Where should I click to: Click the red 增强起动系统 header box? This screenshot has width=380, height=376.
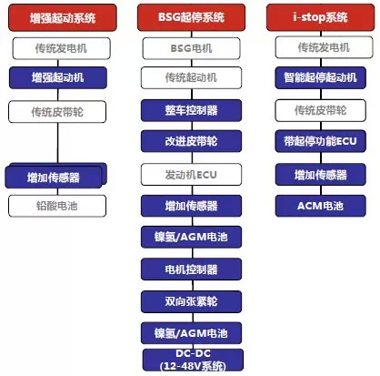point(63,17)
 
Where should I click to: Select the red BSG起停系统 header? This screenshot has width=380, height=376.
point(191,17)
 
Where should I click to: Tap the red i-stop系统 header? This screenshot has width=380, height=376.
point(320,17)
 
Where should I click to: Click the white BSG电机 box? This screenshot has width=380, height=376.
point(191,48)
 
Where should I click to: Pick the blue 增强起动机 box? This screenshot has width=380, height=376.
point(58,77)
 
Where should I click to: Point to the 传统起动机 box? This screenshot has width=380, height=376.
point(191,77)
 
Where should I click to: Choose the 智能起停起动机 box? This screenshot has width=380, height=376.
point(320,77)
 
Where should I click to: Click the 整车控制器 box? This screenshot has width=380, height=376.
point(191,110)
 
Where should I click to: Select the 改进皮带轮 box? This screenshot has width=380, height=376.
point(191,141)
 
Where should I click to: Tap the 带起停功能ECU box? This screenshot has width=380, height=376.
point(320,141)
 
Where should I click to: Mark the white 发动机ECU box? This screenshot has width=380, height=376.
point(191,175)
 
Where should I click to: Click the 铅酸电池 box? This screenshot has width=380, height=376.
point(57,206)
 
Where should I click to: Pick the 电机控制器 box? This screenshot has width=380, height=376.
point(191,269)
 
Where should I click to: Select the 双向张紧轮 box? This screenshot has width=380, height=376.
point(191,301)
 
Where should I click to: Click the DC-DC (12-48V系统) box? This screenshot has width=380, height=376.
point(193,360)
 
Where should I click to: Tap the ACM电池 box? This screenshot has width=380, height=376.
point(320,206)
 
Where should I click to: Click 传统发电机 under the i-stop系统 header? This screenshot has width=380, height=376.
point(324,47)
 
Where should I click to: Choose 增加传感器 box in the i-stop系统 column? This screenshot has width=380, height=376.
point(320,175)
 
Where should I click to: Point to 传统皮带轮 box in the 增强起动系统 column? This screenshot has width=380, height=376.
point(57,112)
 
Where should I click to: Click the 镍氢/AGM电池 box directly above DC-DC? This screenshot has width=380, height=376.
point(191,333)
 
